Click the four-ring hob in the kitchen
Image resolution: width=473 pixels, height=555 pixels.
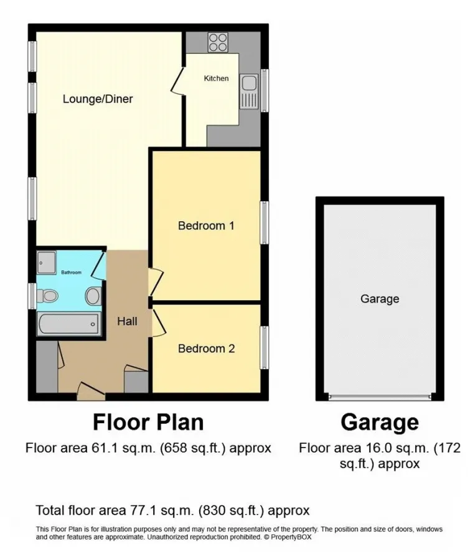[218, 42]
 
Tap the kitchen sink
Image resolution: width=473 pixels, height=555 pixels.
[249, 91]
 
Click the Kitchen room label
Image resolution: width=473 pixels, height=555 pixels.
[217, 78]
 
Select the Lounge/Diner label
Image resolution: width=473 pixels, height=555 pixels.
[98, 99]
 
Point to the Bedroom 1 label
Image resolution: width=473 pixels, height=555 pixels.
[207, 226]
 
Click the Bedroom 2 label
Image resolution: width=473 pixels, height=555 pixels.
[207, 349]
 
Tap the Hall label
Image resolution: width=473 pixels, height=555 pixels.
[128, 321]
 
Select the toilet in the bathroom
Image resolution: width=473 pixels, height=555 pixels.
[47, 296]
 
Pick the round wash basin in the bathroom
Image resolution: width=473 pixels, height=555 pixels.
[93, 296]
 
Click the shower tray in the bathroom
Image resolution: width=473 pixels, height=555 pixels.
[47, 262]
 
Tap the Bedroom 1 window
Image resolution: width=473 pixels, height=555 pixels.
[265, 222]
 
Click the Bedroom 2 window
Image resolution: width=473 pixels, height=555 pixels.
[265, 347]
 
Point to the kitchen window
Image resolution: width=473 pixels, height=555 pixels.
[265, 91]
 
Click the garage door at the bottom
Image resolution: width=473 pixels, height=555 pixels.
[380, 397]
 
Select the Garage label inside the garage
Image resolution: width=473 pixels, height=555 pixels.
[380, 299]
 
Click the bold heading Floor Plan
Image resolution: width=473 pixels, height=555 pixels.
[148, 422]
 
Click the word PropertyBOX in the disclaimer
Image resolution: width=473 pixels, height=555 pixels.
[291, 537]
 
